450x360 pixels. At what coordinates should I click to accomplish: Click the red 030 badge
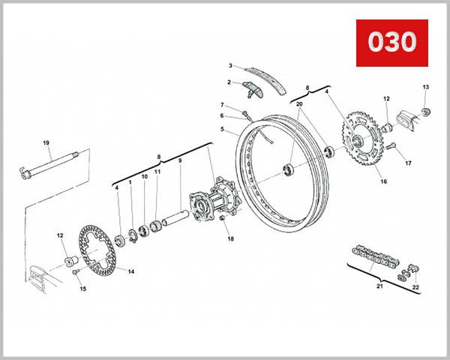point(390,42)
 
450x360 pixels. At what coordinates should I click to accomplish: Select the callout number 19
point(46,143)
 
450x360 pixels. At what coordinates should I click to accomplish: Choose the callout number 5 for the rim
point(222,129)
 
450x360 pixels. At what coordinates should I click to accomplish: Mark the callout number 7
point(222,104)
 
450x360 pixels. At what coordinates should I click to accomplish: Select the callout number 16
point(382,181)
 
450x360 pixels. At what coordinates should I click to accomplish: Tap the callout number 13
point(426,87)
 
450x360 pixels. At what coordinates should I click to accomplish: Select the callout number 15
point(83,289)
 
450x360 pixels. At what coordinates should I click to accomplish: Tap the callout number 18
point(231,239)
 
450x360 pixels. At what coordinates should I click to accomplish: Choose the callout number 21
point(379,286)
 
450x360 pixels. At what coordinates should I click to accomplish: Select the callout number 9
point(179,160)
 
